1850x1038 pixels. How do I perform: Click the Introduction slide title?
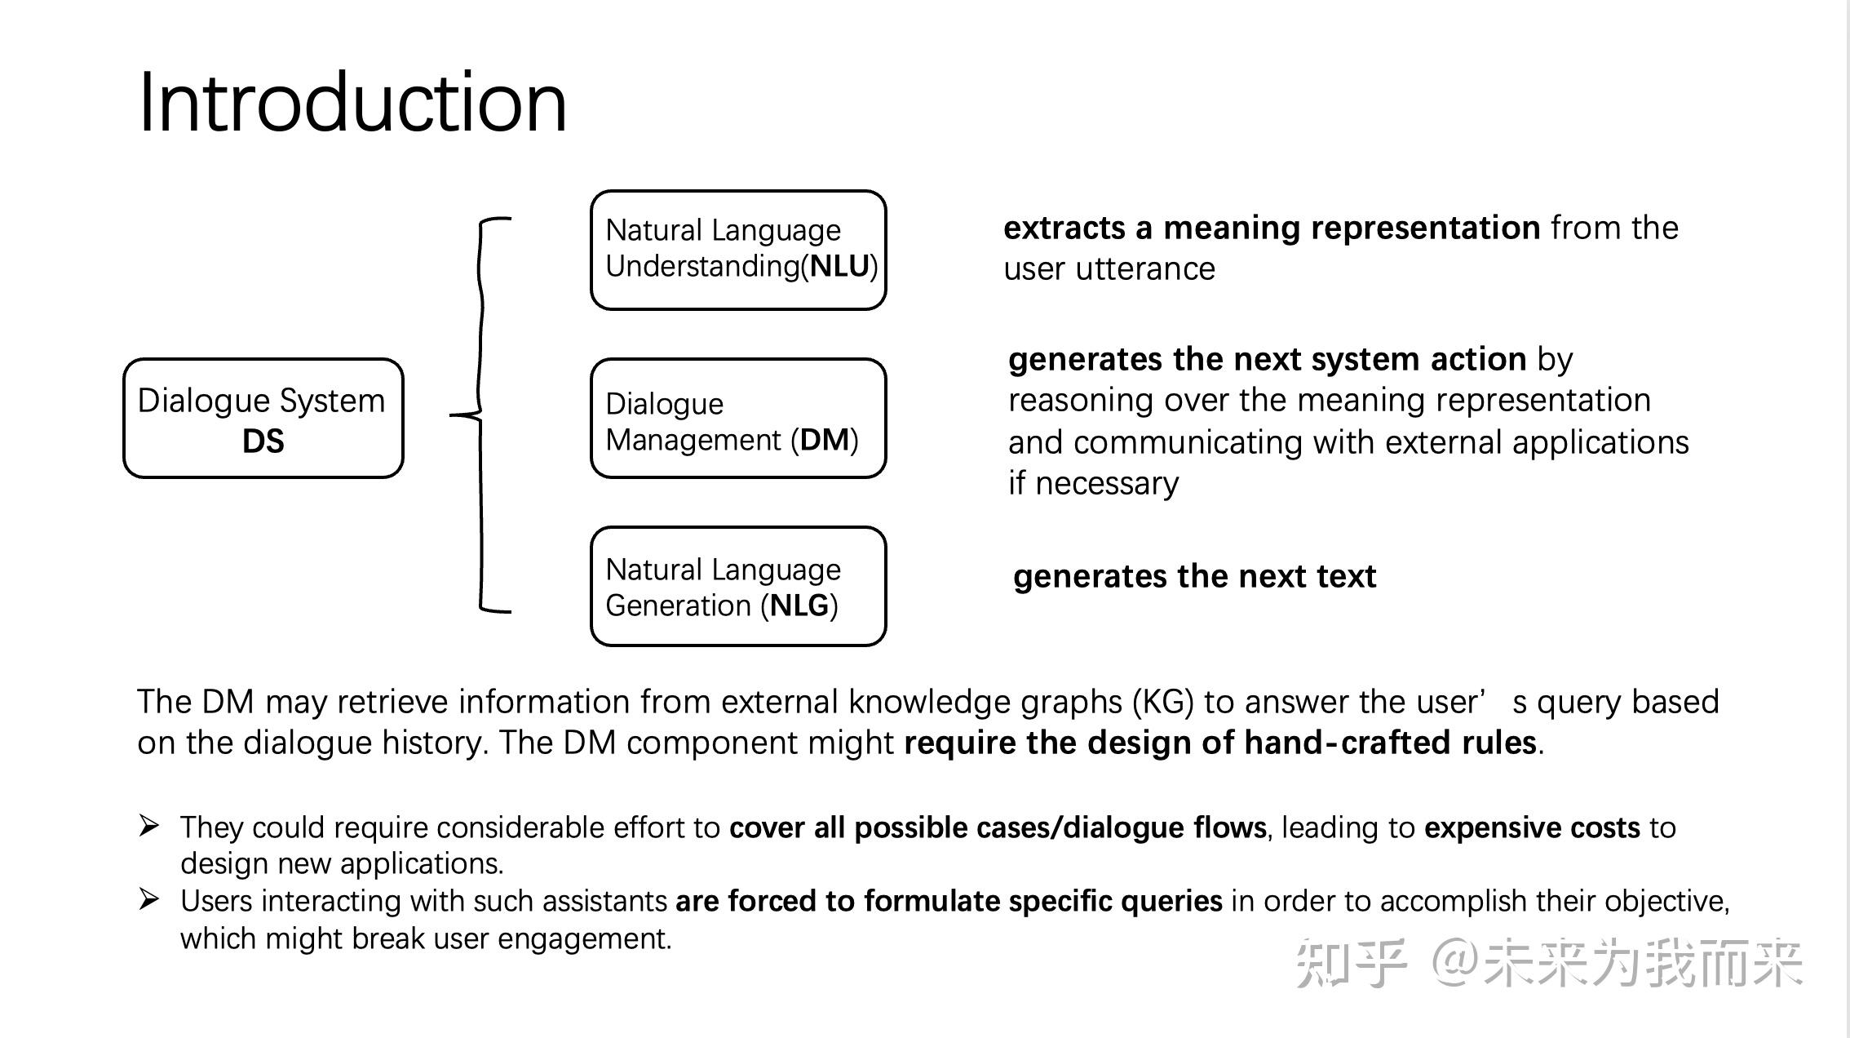coord(352,103)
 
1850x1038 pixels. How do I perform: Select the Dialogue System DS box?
coord(263,418)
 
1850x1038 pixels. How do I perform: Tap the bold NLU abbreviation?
coord(839,266)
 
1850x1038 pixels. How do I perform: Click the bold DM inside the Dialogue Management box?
coord(825,440)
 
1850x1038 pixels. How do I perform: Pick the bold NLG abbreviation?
coord(799,605)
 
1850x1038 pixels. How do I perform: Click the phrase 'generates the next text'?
coord(1194,576)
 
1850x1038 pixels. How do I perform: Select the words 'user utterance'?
coord(1109,268)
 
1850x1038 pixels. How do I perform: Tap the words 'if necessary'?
coord(1093,483)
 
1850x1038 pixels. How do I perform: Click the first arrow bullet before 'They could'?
coord(149,826)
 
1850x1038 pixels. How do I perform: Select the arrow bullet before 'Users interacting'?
coord(149,899)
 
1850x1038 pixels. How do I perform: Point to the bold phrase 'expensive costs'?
coord(1532,827)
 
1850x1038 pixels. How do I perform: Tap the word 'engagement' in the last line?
coord(583,938)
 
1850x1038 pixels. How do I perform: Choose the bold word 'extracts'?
coord(1064,228)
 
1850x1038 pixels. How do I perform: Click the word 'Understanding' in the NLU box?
coord(702,266)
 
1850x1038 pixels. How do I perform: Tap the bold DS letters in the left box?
coord(263,441)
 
